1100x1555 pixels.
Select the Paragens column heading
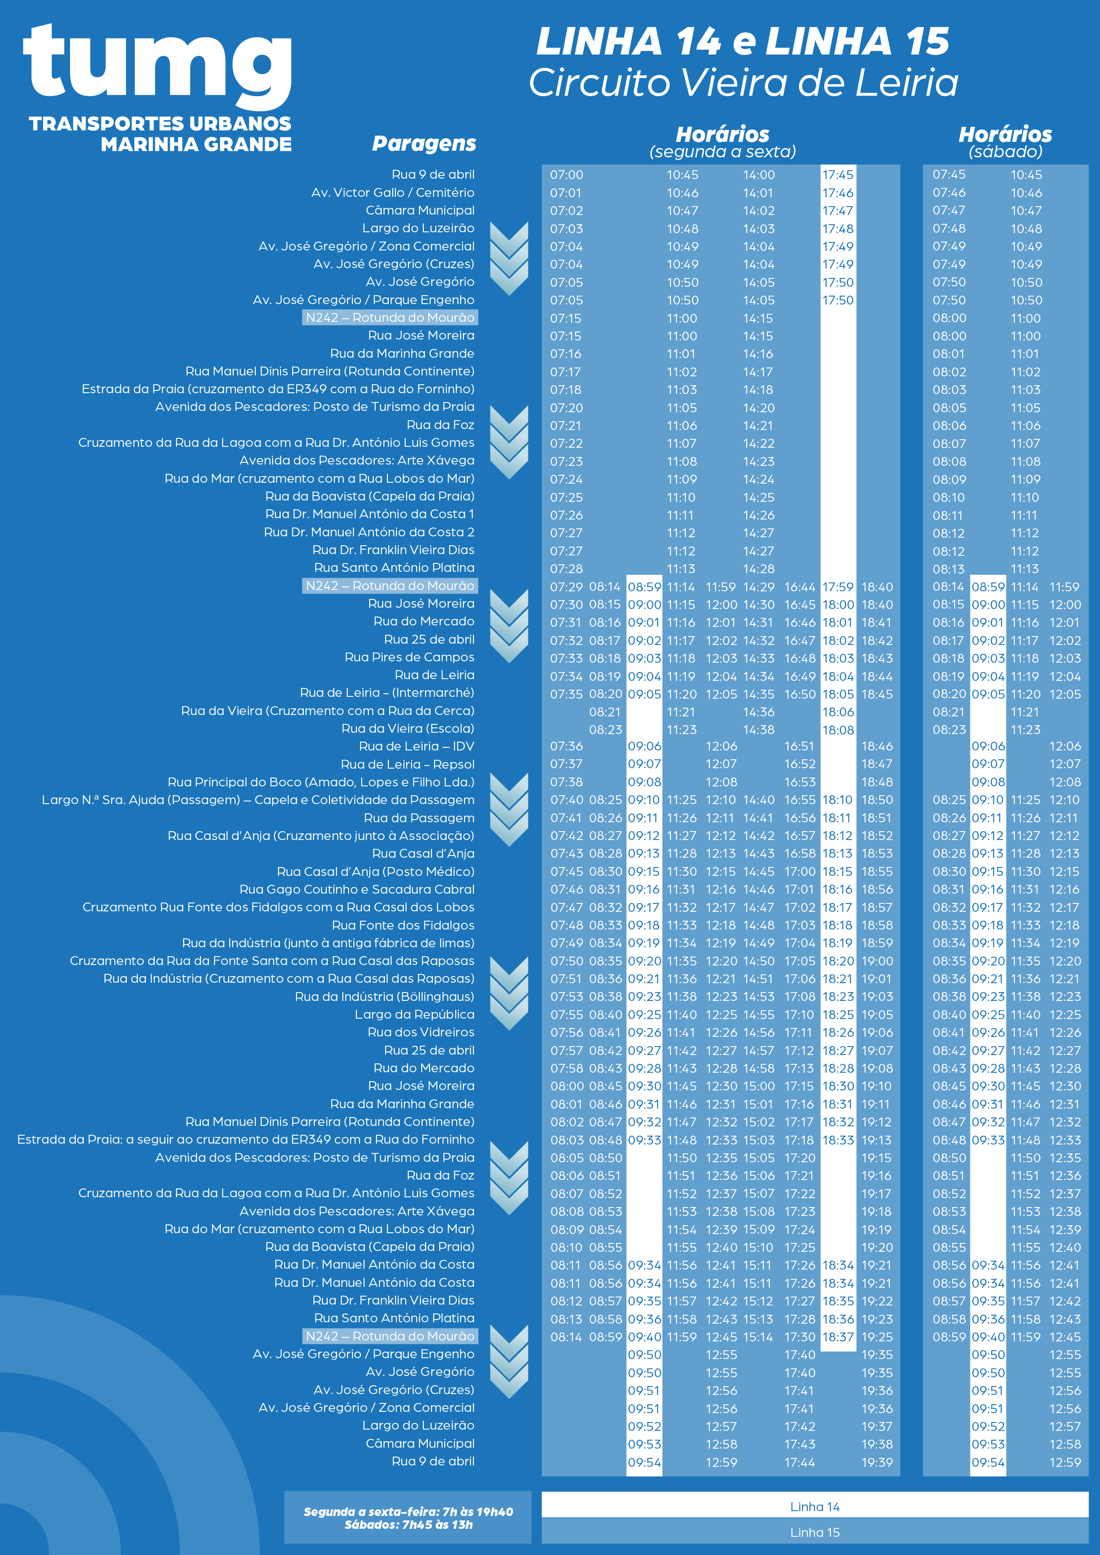click(424, 144)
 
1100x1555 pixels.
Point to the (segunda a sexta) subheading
click(722, 152)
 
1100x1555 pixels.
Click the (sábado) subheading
click(1005, 152)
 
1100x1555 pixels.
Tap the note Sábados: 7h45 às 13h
click(408, 1524)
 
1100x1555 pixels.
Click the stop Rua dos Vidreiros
click(421, 1032)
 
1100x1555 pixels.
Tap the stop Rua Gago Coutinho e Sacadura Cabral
click(357, 889)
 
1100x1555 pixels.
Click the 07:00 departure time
click(566, 175)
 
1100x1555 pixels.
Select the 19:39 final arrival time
click(877, 1462)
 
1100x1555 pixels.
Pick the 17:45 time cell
click(838, 175)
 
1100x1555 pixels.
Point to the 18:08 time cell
click(838, 730)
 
